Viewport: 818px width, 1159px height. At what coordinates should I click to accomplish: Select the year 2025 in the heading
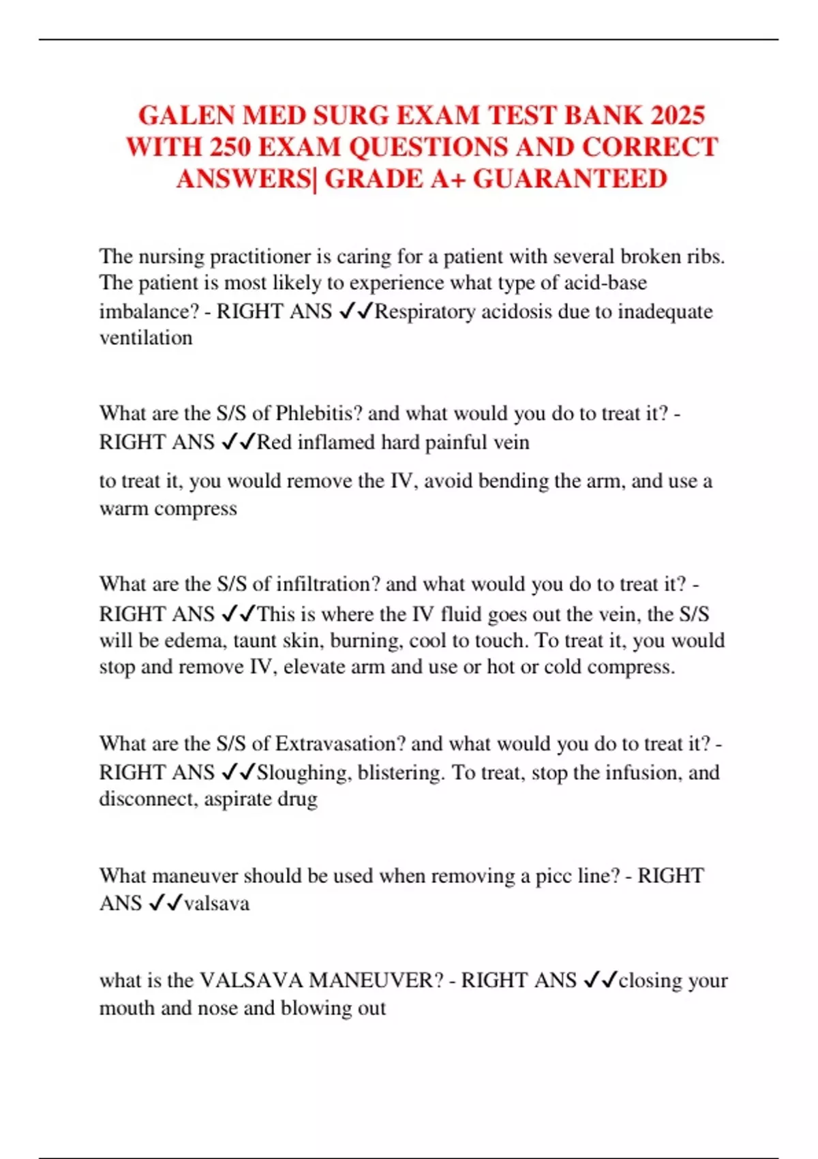click(678, 115)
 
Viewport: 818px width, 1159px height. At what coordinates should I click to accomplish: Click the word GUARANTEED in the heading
click(570, 179)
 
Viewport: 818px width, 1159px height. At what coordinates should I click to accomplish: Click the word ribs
click(706, 256)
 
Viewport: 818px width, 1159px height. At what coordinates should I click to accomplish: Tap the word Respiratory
click(425, 312)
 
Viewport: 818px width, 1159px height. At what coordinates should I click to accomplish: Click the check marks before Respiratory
click(356, 311)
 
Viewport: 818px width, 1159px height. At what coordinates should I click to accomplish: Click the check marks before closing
click(601, 980)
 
